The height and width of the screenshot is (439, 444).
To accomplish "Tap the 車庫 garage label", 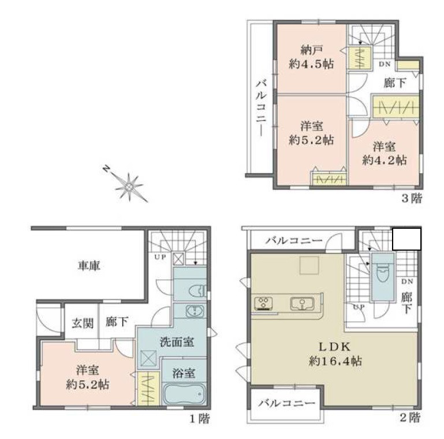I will pos(89,266).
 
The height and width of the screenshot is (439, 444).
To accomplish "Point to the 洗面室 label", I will pos(177,341).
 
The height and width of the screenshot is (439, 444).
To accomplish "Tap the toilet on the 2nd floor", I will pos(381,273).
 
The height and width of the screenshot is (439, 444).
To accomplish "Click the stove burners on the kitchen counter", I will pos(264,303).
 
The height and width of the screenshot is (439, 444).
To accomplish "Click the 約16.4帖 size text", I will pos(335,362).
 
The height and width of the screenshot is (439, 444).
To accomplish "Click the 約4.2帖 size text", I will pos(384,160).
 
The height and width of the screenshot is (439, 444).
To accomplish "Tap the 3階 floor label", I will pos(412,199).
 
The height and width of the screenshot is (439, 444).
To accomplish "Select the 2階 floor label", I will pos(412,417).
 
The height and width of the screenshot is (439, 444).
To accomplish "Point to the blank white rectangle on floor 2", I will pos(406,239).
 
